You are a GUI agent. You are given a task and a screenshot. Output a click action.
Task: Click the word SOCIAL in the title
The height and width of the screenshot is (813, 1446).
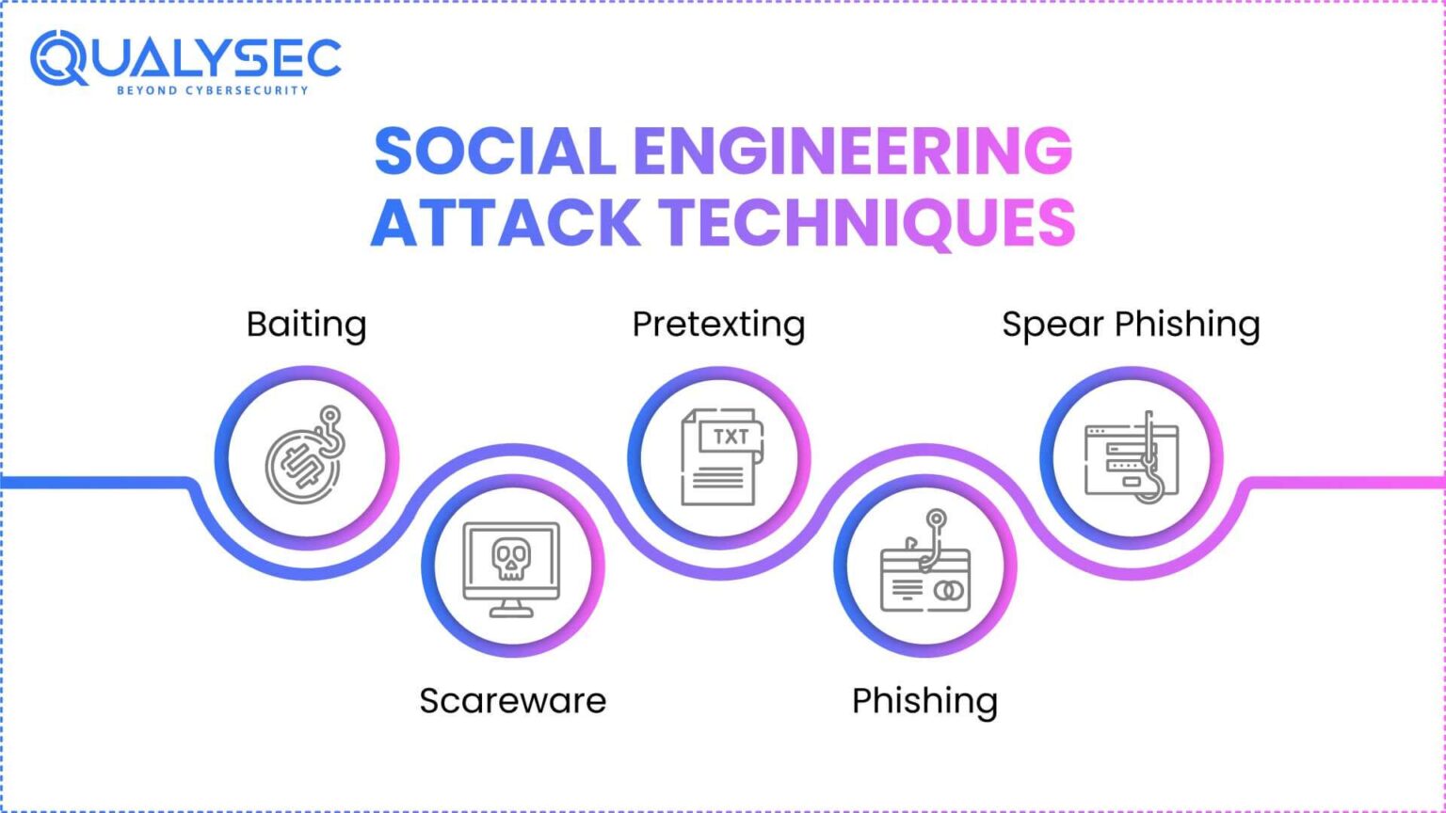click(494, 151)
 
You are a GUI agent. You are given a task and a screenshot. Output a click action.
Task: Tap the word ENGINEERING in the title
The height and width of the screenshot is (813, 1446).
click(852, 151)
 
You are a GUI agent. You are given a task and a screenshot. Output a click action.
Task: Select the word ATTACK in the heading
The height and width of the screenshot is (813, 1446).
click(506, 223)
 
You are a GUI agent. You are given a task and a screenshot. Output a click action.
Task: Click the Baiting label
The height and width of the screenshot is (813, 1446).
click(306, 325)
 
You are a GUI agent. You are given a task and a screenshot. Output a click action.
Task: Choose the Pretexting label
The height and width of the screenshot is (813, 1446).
click(718, 325)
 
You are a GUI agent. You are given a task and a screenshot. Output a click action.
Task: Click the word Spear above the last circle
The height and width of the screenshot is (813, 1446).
click(1052, 326)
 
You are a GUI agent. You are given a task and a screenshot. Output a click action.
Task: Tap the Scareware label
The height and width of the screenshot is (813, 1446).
click(513, 701)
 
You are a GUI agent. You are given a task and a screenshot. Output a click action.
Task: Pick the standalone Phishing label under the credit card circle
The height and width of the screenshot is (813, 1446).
click(924, 702)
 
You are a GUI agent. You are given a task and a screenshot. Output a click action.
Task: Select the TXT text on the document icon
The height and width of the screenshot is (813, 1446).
click(731, 437)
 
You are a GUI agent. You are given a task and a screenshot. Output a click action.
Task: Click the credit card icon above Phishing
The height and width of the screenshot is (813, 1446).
click(924, 579)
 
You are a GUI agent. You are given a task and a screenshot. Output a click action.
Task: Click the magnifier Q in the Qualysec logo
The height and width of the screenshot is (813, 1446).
click(58, 58)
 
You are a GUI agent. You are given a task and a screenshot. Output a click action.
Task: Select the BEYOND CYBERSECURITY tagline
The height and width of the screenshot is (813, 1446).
click(212, 90)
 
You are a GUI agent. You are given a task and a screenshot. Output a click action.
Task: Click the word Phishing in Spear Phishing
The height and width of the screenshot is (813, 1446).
click(1187, 326)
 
